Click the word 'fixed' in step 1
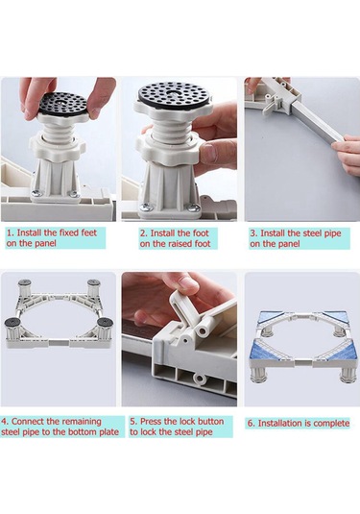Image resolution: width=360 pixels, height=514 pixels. [x=69, y=233]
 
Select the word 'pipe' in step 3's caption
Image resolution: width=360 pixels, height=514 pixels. [x=331, y=233]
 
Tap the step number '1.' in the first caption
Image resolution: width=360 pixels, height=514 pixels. [x=11, y=233]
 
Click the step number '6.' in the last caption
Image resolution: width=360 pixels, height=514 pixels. [x=252, y=424]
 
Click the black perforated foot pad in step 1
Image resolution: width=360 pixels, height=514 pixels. [x=63, y=104]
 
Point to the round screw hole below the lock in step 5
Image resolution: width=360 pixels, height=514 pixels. [x=199, y=379]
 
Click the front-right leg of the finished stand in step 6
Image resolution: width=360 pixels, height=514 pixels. [x=348, y=374]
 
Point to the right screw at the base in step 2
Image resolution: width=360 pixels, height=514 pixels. [x=194, y=208]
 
